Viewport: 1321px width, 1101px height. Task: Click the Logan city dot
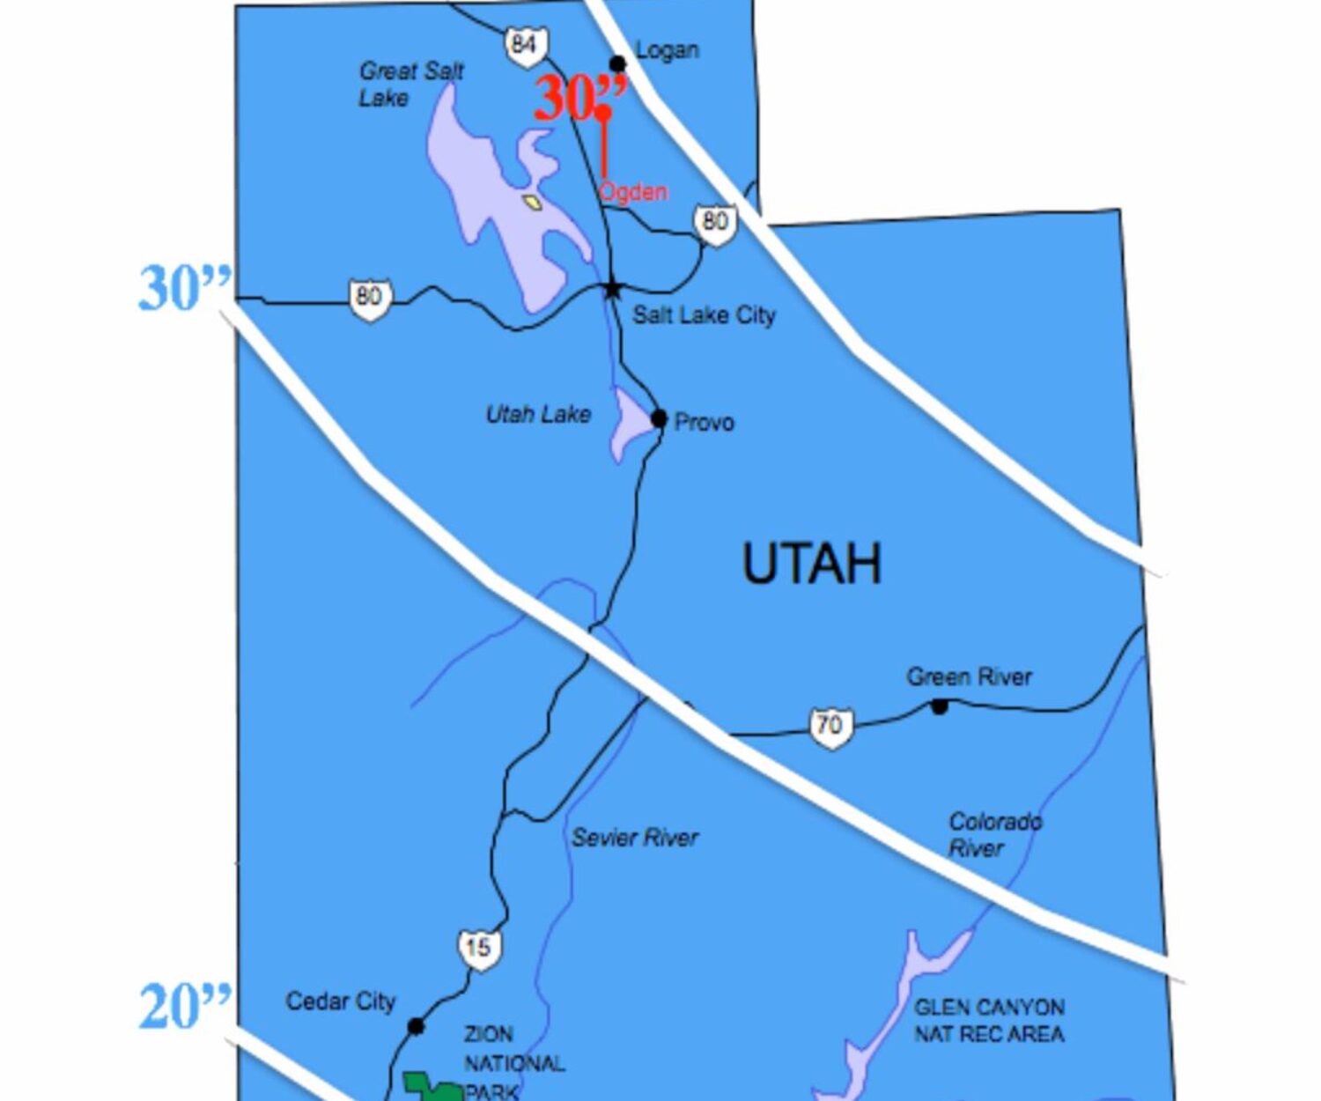(x=618, y=63)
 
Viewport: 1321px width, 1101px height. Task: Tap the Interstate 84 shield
(x=526, y=45)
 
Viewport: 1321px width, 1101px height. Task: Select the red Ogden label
(x=633, y=191)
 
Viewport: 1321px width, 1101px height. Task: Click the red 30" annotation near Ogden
(x=579, y=97)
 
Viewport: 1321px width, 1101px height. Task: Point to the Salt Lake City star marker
(x=612, y=288)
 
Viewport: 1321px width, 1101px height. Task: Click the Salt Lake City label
(x=704, y=314)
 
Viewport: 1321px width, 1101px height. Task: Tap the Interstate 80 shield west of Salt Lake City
(x=369, y=298)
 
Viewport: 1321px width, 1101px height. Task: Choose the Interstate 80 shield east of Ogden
(x=715, y=223)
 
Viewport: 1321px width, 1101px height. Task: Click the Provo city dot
(x=659, y=418)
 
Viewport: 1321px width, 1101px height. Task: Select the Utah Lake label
(x=538, y=414)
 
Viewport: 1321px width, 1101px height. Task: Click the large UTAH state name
(x=811, y=564)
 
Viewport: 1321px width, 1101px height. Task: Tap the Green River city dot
(x=940, y=706)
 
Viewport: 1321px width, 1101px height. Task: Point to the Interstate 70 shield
(x=830, y=727)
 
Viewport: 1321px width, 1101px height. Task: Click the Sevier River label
(x=634, y=837)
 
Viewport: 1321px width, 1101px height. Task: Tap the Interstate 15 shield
(x=478, y=949)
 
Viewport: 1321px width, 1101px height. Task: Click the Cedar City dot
(x=416, y=1026)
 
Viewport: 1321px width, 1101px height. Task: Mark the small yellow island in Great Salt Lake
(x=531, y=203)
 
